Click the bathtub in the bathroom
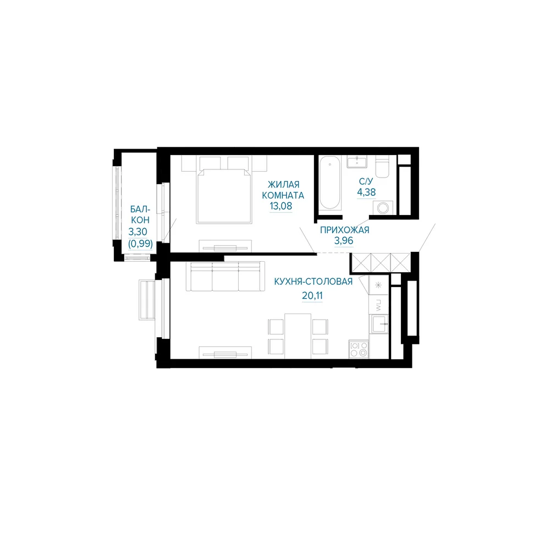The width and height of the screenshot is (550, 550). pyautogui.click(x=329, y=183)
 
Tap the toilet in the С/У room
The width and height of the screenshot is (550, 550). pyautogui.click(x=382, y=166)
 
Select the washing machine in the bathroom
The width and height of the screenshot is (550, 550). pyautogui.click(x=383, y=208)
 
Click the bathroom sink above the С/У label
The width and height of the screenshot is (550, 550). pyautogui.click(x=357, y=162)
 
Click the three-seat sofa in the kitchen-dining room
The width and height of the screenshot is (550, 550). pyautogui.click(x=225, y=277)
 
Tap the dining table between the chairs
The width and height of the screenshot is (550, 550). pyautogui.click(x=298, y=336)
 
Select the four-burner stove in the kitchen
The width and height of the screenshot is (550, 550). pyautogui.click(x=359, y=349)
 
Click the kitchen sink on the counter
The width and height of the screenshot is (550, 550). pyautogui.click(x=379, y=324)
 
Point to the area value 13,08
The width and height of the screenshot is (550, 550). pyautogui.click(x=280, y=206)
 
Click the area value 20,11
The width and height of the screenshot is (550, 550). pyautogui.click(x=312, y=296)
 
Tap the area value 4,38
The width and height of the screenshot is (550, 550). pyautogui.click(x=366, y=192)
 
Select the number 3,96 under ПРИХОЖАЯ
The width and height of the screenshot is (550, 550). pyautogui.click(x=343, y=241)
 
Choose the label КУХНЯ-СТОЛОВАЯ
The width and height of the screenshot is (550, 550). pyautogui.click(x=313, y=282)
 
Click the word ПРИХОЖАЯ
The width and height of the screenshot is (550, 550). pyautogui.click(x=344, y=230)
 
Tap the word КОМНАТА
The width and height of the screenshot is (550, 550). pyautogui.click(x=283, y=195)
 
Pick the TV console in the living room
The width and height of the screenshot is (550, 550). pyautogui.click(x=225, y=246)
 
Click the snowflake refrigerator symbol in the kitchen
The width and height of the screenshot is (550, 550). pyautogui.click(x=378, y=285)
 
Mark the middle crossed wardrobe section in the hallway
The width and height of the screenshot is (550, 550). pyautogui.click(x=381, y=262)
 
